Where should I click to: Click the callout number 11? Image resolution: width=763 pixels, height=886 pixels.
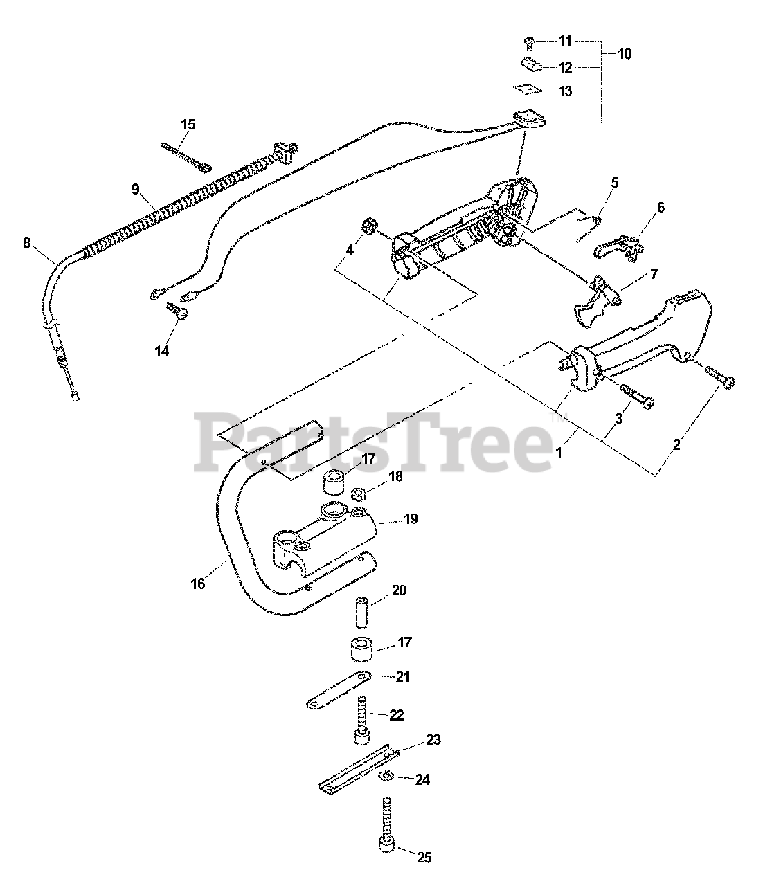coord(565,41)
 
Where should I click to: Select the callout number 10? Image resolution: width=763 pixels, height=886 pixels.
coord(624,53)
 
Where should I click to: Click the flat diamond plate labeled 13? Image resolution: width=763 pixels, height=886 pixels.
coord(527,89)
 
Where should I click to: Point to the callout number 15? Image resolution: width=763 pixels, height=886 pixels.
coord(188,125)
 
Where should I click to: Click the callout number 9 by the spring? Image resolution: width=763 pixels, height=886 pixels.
coord(136,188)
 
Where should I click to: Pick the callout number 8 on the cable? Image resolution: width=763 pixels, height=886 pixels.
coord(27,242)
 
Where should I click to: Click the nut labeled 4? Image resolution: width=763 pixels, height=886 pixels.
coord(370,226)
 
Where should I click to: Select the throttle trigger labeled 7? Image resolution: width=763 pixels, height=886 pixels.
coord(593,298)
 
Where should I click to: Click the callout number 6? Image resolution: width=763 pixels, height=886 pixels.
coord(661,207)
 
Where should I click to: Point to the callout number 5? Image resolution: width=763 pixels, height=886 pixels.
coord(615,183)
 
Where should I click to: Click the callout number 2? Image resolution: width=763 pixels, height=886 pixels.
coord(676,444)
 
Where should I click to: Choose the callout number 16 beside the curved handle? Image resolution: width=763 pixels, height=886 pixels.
coord(197,584)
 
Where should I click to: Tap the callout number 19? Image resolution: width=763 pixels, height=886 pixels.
coord(410,519)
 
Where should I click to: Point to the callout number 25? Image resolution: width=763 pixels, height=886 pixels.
coord(424,858)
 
